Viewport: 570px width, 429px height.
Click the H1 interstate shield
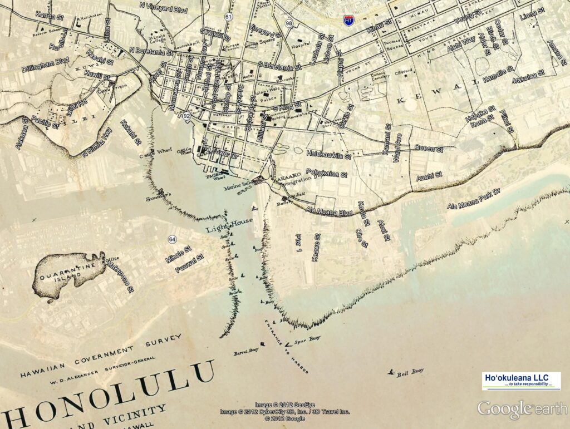pos(348,19)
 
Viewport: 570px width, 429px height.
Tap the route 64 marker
pos(172,239)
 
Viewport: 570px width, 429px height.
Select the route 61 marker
pos(228,17)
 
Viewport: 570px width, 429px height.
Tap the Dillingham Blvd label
pos(45,65)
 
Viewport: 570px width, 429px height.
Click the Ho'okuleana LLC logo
pos(521,381)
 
